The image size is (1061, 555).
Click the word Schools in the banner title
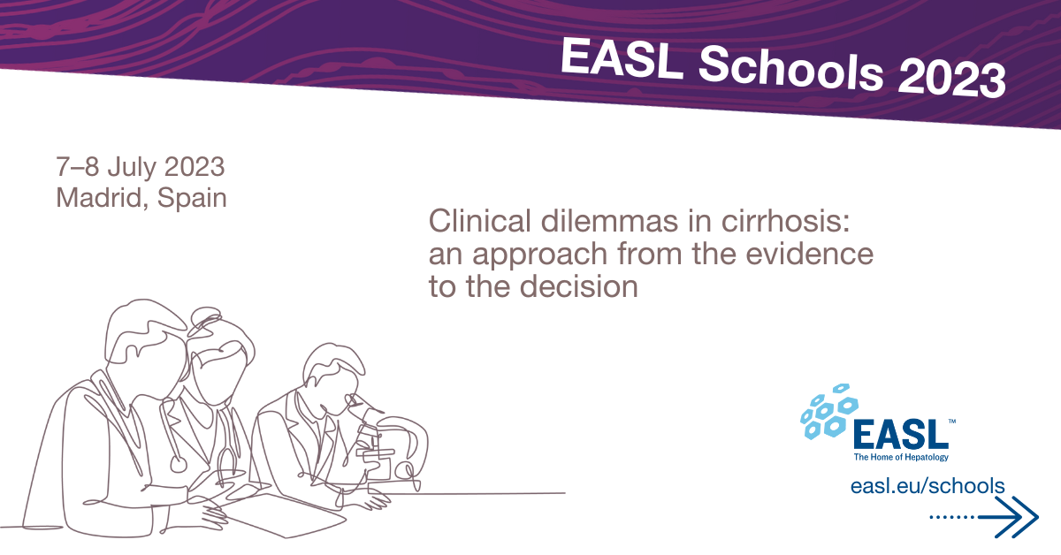[x=790, y=70]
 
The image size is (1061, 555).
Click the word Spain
[x=192, y=199]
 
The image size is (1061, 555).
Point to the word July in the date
[x=132, y=168]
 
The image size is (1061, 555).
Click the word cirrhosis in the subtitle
[x=785, y=221]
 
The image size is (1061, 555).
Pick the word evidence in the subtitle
[x=810, y=254]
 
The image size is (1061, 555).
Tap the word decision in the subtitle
[x=579, y=286]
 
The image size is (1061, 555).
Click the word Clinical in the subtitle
[x=480, y=221]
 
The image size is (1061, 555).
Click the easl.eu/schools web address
[x=927, y=486]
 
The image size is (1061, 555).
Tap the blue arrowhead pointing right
[x=1019, y=517]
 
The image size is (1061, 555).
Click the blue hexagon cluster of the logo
[x=829, y=412]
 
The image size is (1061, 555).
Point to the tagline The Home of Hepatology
[x=901, y=457]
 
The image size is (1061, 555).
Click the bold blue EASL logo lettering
[x=901, y=434]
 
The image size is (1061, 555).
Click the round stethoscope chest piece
[x=178, y=464]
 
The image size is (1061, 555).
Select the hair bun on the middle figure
[x=206, y=316]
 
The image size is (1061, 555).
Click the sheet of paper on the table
[x=284, y=515]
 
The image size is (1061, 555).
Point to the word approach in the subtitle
[x=540, y=255]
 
